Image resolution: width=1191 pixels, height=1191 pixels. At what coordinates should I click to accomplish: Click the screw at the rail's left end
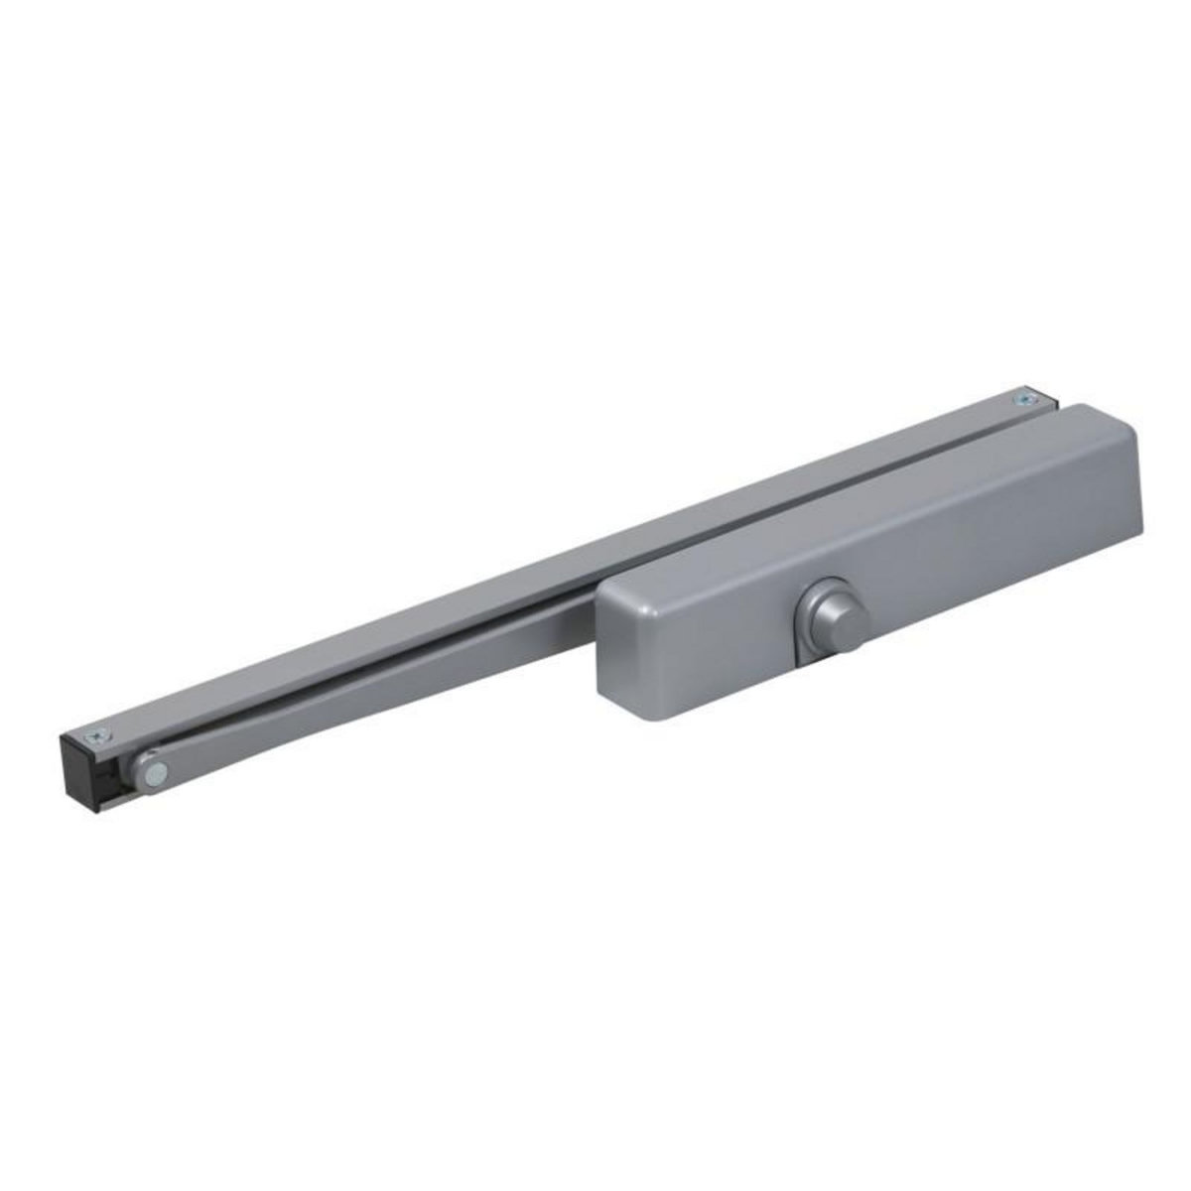tap(96, 736)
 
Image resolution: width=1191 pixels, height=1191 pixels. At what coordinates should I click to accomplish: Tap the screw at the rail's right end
tap(1022, 399)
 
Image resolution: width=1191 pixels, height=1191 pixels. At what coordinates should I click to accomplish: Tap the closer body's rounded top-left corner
tap(607, 588)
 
